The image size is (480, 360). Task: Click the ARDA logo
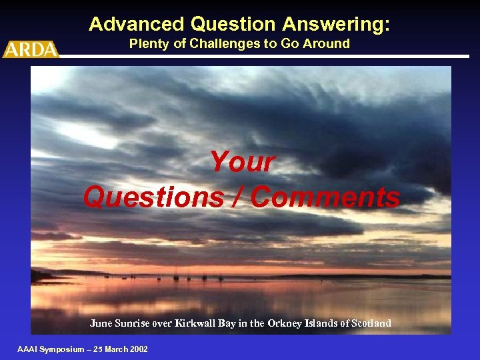click(31, 49)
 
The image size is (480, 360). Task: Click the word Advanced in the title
click(136, 25)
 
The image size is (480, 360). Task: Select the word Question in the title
click(233, 25)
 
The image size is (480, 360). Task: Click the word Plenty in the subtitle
click(151, 44)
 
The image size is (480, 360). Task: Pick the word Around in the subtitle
click(327, 44)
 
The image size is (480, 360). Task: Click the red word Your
click(242, 162)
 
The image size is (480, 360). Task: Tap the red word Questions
click(153, 197)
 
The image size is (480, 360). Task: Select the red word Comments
click(326, 197)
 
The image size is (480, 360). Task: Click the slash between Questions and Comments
click(237, 197)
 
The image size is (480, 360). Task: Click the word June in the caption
click(101, 323)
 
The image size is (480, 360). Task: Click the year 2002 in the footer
click(137, 349)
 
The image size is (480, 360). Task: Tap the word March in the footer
click(114, 349)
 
